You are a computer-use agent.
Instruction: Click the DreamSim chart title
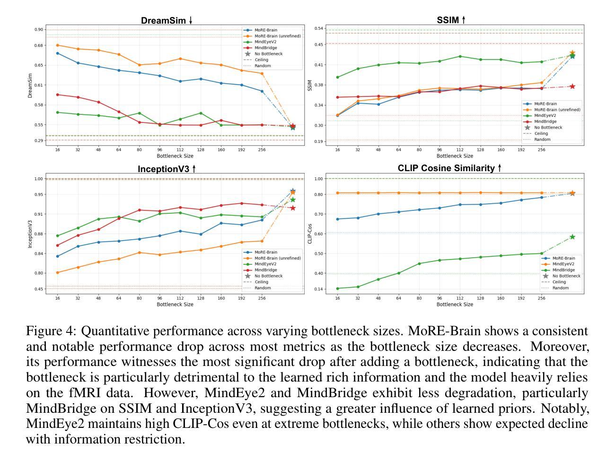167,21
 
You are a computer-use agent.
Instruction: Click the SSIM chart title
451,20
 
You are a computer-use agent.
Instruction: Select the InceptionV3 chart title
167,169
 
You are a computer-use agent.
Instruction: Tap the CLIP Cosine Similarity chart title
449,168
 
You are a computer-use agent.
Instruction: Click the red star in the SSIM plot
572,87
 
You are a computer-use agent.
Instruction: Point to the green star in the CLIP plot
572,237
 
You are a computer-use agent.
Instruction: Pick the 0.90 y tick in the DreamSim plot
38,30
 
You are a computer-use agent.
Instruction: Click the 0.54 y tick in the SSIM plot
318,29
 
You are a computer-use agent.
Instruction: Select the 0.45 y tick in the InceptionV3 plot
38,289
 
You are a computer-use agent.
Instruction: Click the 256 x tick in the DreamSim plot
262,150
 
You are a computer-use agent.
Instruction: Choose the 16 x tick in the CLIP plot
337,298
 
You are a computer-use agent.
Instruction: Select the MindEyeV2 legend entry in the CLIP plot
563,264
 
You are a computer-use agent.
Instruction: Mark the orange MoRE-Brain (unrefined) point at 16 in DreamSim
58,45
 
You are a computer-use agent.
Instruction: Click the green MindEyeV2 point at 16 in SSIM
337,77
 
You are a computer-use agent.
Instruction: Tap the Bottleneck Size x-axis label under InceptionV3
175,304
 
